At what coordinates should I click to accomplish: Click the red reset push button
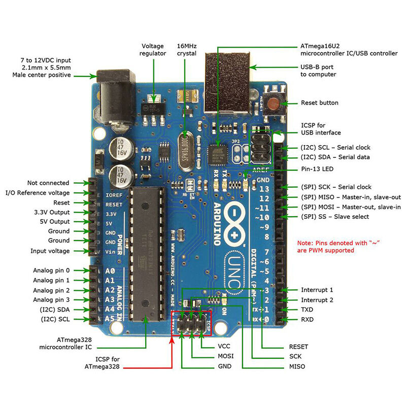click(x=274, y=104)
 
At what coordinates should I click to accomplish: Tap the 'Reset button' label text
click(x=319, y=103)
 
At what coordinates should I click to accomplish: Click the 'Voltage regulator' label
click(x=153, y=49)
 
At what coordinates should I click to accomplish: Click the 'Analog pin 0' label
click(x=52, y=270)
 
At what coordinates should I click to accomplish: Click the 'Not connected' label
click(x=48, y=183)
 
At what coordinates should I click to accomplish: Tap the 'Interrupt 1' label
click(x=317, y=290)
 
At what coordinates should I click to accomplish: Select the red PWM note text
click(x=339, y=247)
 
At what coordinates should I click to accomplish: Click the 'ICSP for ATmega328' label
click(x=103, y=362)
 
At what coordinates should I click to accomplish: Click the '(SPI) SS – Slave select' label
click(x=335, y=217)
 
